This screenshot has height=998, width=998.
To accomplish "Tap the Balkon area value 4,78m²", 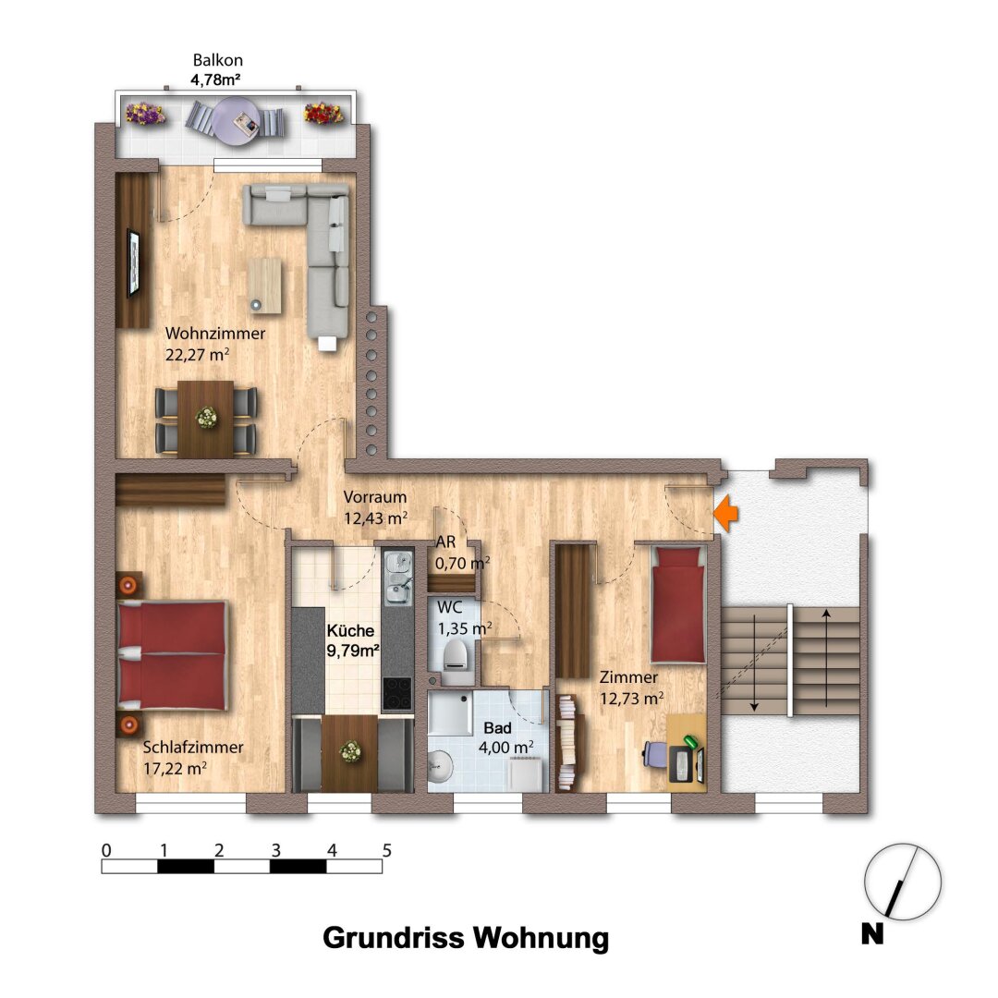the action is [215, 80].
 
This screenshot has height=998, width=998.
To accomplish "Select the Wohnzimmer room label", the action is [215, 333].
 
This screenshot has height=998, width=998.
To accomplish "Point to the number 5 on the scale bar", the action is [386, 850].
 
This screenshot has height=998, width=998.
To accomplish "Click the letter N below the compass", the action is [872, 933].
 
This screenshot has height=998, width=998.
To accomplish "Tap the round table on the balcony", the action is [237, 121].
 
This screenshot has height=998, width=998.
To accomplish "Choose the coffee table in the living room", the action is [265, 286].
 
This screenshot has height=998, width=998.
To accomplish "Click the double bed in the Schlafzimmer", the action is [173, 655].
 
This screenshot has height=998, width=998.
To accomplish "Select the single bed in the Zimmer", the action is [678, 604].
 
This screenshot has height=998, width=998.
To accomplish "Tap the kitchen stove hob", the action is [396, 693].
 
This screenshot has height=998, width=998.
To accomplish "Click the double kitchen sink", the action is [398, 578].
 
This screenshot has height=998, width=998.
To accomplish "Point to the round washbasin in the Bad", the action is [440, 764].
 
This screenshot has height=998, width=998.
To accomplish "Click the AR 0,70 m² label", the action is [463, 553].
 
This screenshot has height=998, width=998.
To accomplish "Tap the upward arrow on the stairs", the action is [826, 658].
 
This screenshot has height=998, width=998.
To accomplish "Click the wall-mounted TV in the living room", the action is [133, 262].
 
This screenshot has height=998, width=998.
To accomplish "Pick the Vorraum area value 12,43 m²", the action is [375, 518].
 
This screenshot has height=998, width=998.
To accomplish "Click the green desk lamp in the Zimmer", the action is [690, 742].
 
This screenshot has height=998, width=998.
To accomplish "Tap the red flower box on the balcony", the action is [324, 114].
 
